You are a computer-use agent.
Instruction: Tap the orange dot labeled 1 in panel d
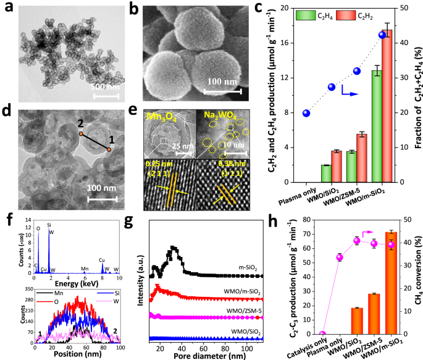tap(109, 149)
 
